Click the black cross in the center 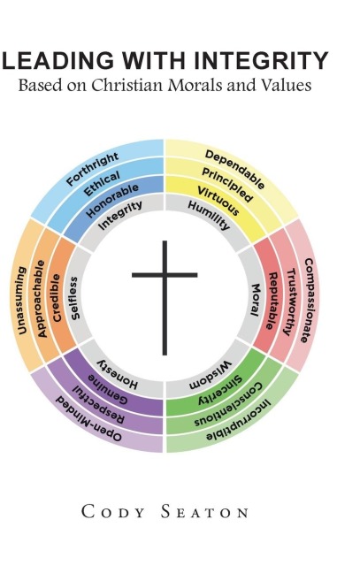pos(165,275)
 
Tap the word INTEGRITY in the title pos(261,61)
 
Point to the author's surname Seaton pos(204,512)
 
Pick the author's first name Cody pos(113,512)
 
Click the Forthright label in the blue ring pos(93,169)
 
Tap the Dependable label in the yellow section pos(234,170)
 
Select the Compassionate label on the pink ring pos(309,300)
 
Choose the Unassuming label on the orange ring pos(21,301)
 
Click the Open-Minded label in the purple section pos(88,419)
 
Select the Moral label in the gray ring pos(255,300)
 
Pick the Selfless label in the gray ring pos(74,298)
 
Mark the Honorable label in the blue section pos(112,201)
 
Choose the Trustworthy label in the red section pos(291,302)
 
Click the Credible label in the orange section pos(56,298)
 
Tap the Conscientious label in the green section pos(228,405)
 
